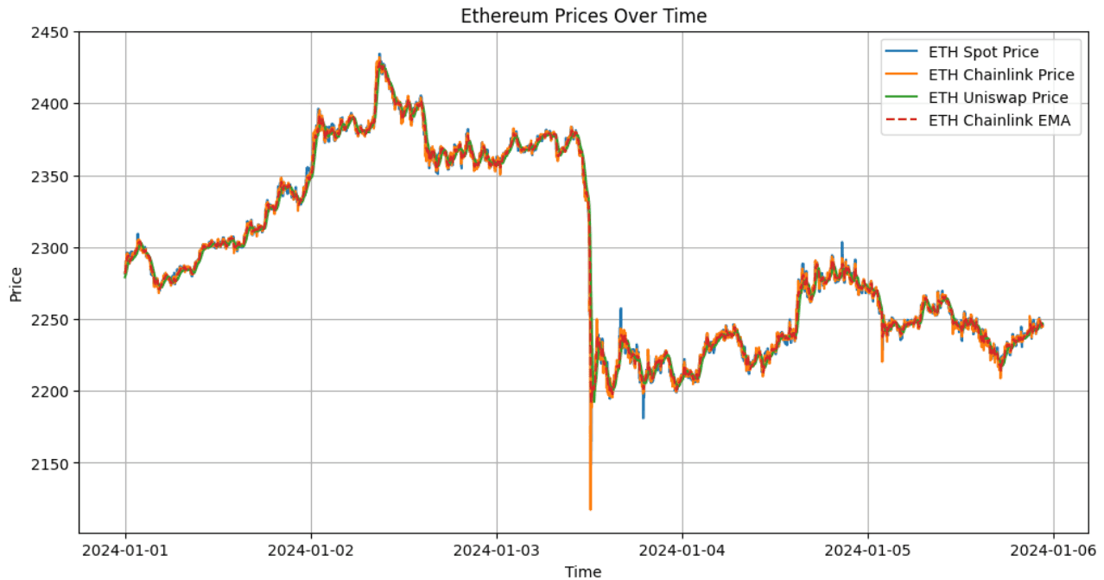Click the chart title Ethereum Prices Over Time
pyautogui.click(x=583, y=16)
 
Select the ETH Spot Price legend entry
pyautogui.click(x=983, y=53)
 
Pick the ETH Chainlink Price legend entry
pyautogui.click(x=1000, y=75)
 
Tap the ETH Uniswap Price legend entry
pyautogui.click(x=998, y=98)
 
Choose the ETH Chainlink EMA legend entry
pyautogui.click(x=999, y=121)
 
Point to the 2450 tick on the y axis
pyautogui.click(x=54, y=32)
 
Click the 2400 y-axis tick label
pyautogui.click(x=54, y=104)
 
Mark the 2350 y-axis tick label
pyautogui.click(x=54, y=176)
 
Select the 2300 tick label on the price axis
pyautogui.click(x=54, y=248)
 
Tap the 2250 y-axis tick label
pyautogui.click(x=54, y=320)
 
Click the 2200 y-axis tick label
pyautogui.click(x=54, y=392)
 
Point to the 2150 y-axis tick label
pyautogui.click(x=54, y=463)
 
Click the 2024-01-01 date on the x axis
pyautogui.click(x=125, y=551)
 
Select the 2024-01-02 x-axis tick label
pyautogui.click(x=311, y=551)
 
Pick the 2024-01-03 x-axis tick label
pyautogui.click(x=497, y=551)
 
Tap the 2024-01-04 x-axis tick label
pyautogui.click(x=682, y=551)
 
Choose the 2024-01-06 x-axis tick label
pyautogui.click(x=1053, y=551)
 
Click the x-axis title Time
pyautogui.click(x=583, y=570)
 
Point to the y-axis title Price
pyautogui.click(x=16, y=284)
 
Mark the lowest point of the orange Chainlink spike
pyautogui.click(x=591, y=509)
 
